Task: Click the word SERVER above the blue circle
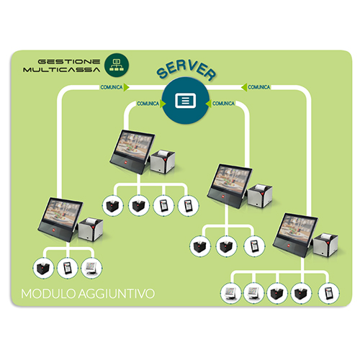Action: (186, 70)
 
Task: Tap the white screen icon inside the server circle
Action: (185, 101)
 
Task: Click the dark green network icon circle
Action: (117, 66)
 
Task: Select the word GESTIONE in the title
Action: (69, 62)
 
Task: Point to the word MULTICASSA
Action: (62, 70)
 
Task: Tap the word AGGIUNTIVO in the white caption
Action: (117, 294)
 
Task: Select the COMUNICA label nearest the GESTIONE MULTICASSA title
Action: (112, 87)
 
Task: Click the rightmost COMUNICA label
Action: (259, 87)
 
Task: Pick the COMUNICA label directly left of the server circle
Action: (148, 104)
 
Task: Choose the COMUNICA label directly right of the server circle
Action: (223, 104)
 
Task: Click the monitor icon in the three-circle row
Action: (91, 268)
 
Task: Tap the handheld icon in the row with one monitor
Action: (68, 268)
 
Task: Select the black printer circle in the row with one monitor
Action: (43, 268)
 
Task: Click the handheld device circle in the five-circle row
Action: (328, 293)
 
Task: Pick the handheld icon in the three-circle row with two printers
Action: (254, 246)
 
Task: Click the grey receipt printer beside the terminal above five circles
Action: (325, 245)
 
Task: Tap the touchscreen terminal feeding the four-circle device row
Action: (132, 151)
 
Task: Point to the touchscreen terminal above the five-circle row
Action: (295, 235)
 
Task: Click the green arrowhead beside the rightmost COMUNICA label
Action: (244, 87)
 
